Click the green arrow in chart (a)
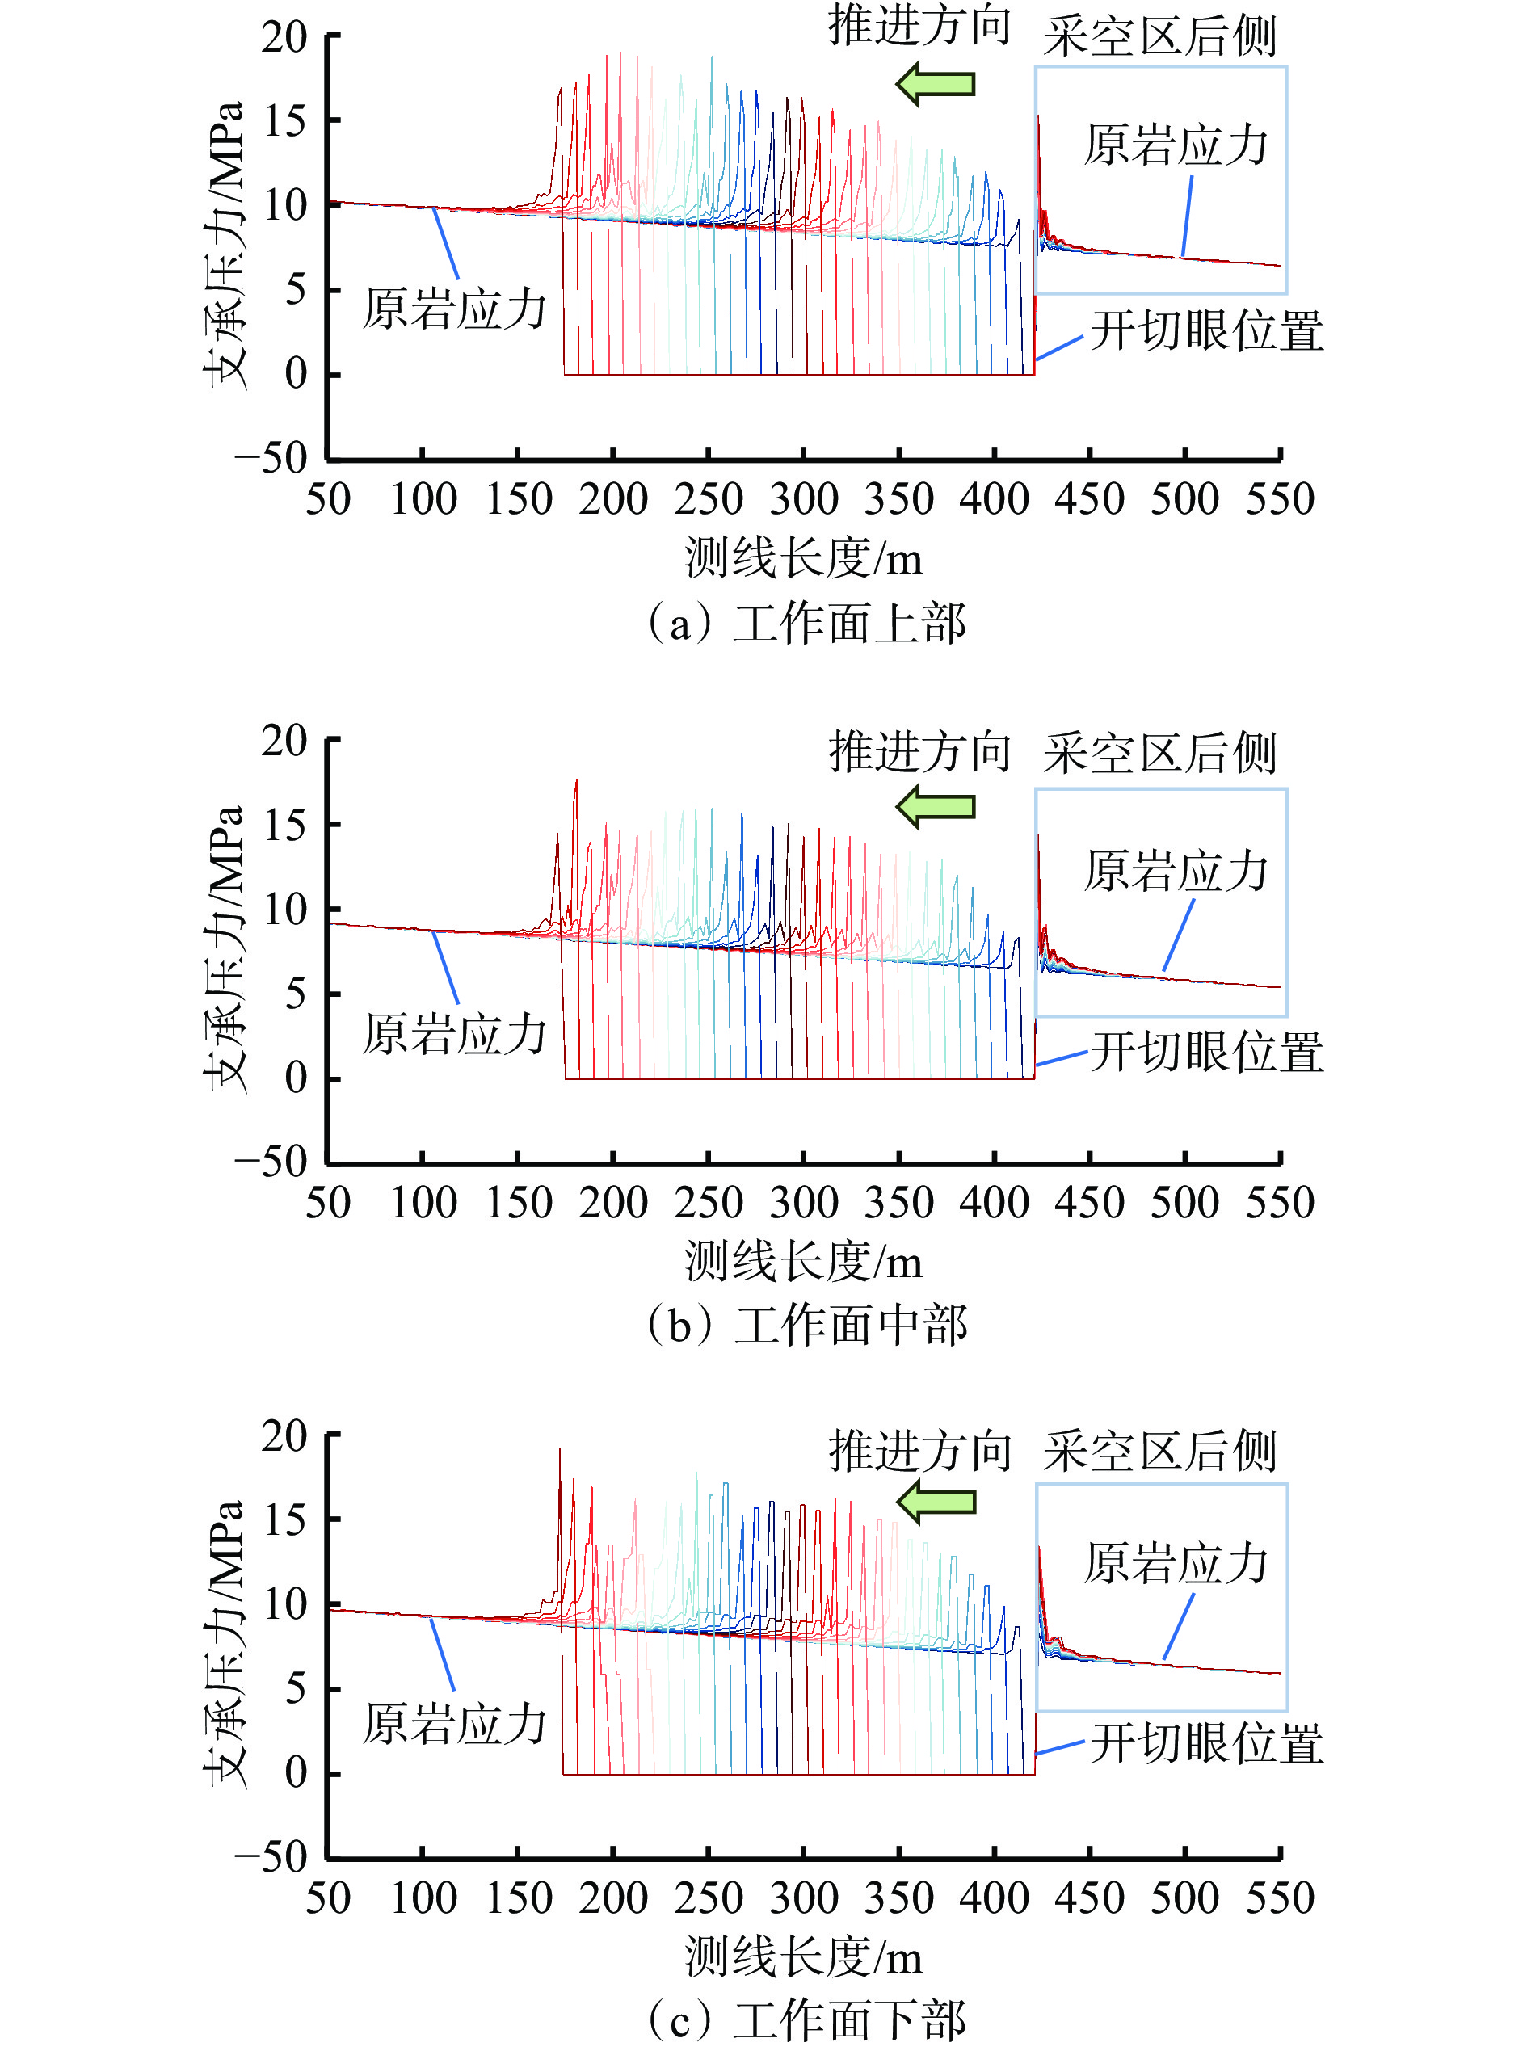pyautogui.click(x=935, y=84)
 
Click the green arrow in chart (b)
pyautogui.click(x=935, y=806)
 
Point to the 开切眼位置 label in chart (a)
pyautogui.click(x=1206, y=331)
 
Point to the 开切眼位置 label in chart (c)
pyautogui.click(x=1206, y=1743)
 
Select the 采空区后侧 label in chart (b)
pyautogui.click(x=1160, y=754)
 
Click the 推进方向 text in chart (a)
pyautogui.click(x=919, y=25)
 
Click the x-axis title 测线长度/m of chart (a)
pyautogui.click(x=803, y=558)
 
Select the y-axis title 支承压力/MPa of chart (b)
pyautogui.click(x=225, y=948)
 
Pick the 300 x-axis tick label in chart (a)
pyautogui.click(x=803, y=500)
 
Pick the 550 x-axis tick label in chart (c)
pyautogui.click(x=1279, y=1898)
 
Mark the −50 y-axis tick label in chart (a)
pyautogui.click(x=270, y=459)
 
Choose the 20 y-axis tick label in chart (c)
pyautogui.click(x=284, y=1436)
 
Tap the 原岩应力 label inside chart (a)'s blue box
pyautogui.click(x=1176, y=146)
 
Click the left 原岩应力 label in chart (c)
pyautogui.click(x=454, y=1725)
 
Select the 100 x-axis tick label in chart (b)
pyautogui.click(x=423, y=1204)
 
